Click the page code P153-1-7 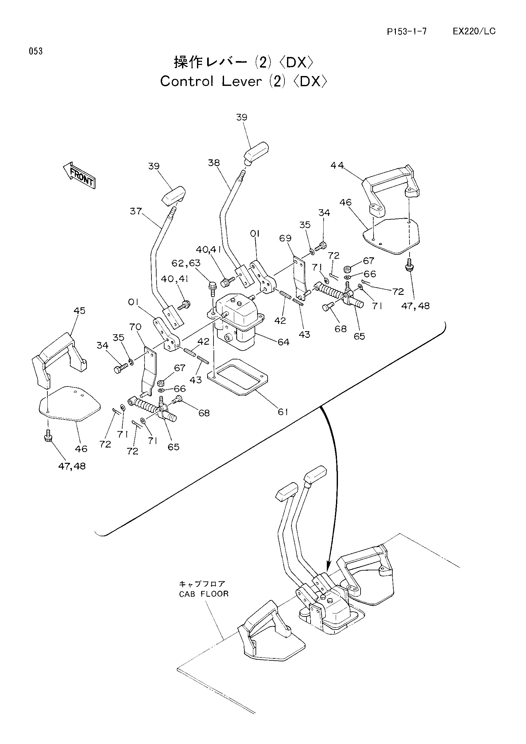[x=407, y=31]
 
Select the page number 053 [x=36, y=51]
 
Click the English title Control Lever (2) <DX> [x=244, y=81]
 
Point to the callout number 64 [x=283, y=342]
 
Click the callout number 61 [x=283, y=412]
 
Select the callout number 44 [x=337, y=165]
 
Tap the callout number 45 [x=80, y=310]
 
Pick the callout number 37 [x=136, y=211]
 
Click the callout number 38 [x=214, y=163]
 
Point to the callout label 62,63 [x=186, y=263]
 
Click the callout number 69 [x=285, y=238]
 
